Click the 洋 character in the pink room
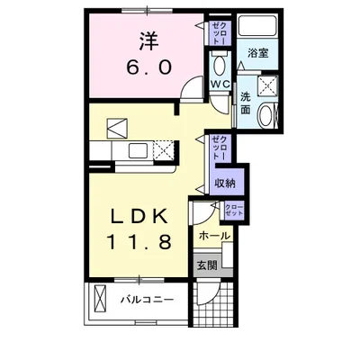point(148,40)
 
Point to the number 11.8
point(139,242)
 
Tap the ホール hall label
point(213,237)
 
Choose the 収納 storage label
point(224,184)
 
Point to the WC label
point(220,84)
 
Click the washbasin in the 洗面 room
point(266,114)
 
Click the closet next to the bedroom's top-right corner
point(219,34)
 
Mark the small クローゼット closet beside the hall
point(233,211)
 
